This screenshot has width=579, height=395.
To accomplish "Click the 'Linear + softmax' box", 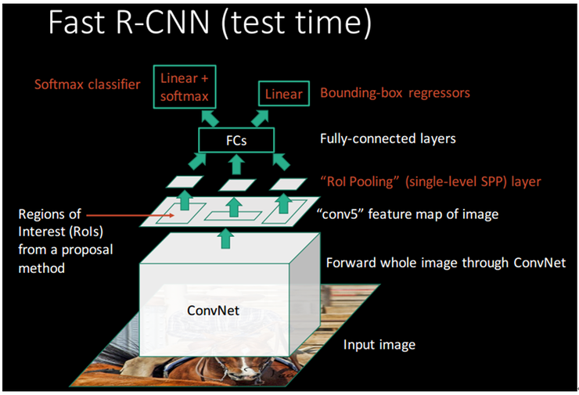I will coord(189,87).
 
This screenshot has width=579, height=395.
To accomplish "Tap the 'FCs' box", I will coord(236,141).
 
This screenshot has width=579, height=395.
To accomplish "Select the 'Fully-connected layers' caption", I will coord(388,140).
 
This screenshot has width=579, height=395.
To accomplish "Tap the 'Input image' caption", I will coord(379,344).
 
